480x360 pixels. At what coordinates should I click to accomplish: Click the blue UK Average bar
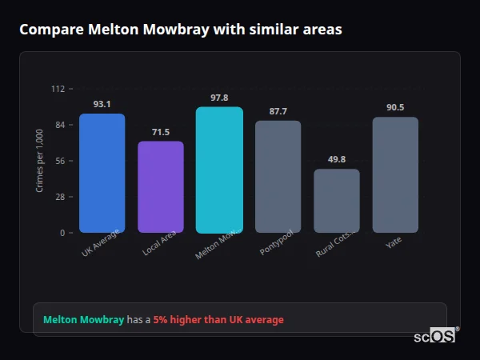point(102,173)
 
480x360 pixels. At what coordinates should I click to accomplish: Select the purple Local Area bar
point(161,186)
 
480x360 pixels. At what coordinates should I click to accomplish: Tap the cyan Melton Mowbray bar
point(219,170)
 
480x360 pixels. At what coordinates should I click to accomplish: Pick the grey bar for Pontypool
point(278,176)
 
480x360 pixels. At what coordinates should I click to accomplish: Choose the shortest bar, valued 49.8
point(336,200)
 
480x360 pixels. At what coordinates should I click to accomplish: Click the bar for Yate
point(395,174)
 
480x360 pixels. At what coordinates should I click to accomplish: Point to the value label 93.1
point(102,104)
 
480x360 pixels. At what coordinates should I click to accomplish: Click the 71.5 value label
point(161,132)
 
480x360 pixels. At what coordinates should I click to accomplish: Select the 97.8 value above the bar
point(219,98)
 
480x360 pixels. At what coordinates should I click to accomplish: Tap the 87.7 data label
point(278,111)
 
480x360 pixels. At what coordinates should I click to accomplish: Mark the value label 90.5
point(395,107)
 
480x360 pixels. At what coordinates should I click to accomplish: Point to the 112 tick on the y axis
point(58,89)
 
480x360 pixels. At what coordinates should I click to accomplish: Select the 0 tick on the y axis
point(62,233)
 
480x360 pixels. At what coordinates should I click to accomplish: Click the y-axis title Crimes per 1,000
point(40,161)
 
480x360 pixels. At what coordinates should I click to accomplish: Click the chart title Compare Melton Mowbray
point(181,30)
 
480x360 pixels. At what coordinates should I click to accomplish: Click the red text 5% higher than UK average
point(218,320)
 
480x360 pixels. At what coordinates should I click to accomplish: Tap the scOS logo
point(435,336)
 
